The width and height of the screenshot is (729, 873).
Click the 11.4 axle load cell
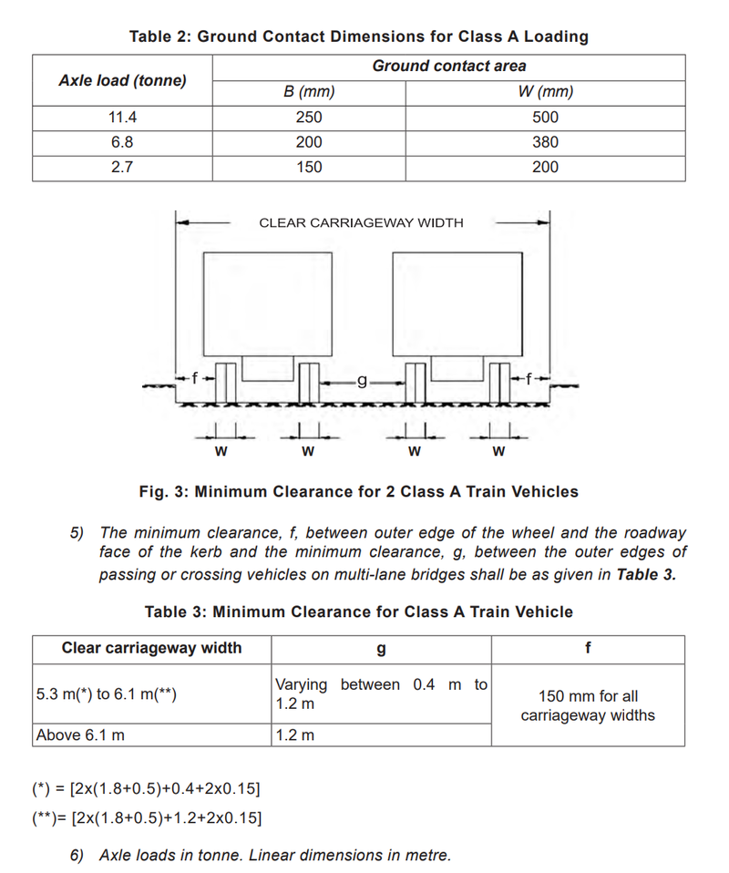tap(123, 118)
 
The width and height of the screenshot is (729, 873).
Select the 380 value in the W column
tap(545, 142)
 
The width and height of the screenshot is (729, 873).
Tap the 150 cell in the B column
tap(309, 167)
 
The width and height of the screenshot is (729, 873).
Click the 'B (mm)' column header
tap(309, 92)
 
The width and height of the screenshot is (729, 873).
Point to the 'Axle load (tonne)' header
tap(123, 80)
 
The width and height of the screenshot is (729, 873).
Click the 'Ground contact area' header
tap(448, 66)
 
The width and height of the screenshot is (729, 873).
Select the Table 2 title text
tap(358, 36)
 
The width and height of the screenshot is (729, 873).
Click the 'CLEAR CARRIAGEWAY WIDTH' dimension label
tap(361, 222)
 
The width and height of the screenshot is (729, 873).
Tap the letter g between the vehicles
tap(362, 380)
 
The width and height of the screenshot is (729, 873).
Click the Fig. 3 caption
tap(358, 491)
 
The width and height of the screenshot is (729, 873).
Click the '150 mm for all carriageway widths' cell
tap(587, 705)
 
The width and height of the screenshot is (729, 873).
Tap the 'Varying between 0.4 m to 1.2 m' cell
tap(381, 693)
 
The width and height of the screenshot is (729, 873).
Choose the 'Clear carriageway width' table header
tap(151, 648)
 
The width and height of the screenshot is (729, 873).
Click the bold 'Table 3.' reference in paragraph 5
tap(646, 574)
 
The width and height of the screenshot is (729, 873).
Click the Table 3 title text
tap(358, 611)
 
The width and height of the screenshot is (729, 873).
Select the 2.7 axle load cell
tap(123, 167)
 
